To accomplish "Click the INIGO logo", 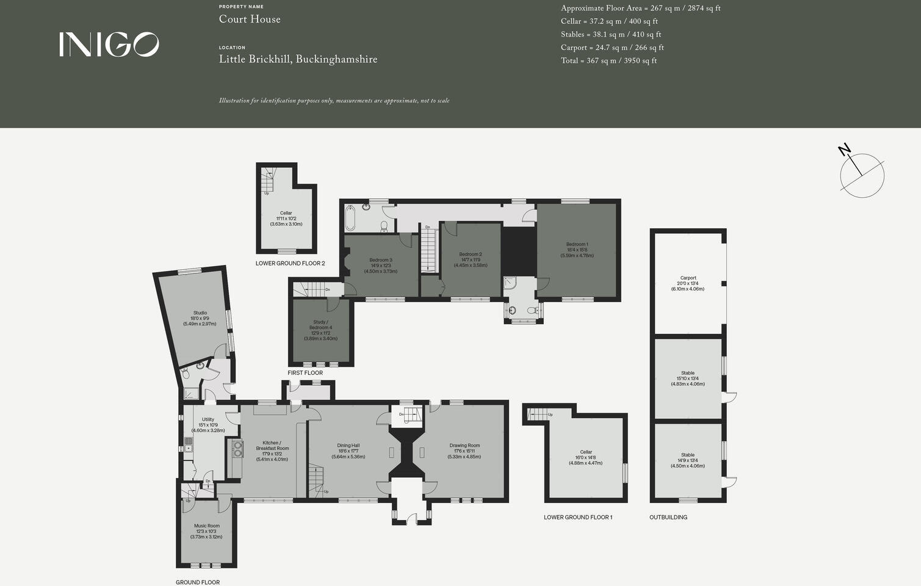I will (109, 45).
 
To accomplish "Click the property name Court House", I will (250, 20).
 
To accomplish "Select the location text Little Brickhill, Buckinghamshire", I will (298, 60).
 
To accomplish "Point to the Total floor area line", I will (609, 61).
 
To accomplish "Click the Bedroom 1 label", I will (577, 250).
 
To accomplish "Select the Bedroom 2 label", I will (471, 259).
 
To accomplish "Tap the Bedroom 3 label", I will (380, 266).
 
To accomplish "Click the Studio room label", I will (200, 318).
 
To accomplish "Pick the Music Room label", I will (206, 531).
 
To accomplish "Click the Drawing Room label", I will (464, 450).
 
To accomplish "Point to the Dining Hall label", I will (349, 450).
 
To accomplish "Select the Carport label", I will (688, 283).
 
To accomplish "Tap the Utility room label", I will (208, 425).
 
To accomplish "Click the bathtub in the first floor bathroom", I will (350, 217).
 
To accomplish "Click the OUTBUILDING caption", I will (668, 518).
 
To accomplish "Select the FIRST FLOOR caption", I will (305, 373).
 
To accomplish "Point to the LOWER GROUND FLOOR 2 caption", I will (290, 264).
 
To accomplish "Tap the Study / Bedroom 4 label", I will (320, 330).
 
